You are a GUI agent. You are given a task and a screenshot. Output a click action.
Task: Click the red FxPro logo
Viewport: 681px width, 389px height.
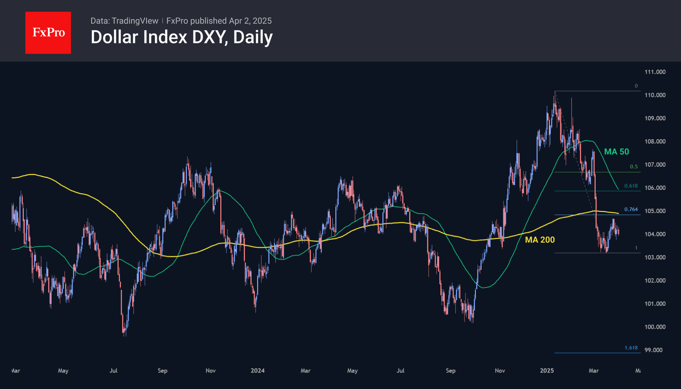(48, 33)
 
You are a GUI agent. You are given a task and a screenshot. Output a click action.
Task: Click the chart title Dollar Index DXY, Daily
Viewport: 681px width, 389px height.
(182, 37)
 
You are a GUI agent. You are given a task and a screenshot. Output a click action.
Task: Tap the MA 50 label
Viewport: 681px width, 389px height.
(617, 152)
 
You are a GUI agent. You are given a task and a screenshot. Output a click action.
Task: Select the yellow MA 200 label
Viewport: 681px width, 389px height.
(540, 240)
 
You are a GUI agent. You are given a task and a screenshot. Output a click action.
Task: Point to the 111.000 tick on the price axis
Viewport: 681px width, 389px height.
(655, 72)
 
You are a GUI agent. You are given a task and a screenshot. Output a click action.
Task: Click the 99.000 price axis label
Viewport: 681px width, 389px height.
(653, 350)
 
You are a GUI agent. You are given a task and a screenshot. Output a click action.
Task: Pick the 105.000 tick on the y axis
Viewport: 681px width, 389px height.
(655, 211)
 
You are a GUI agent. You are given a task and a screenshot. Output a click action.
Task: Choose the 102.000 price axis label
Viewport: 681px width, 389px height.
(655, 280)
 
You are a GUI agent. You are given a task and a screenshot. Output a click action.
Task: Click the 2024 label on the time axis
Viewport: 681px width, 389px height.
(257, 370)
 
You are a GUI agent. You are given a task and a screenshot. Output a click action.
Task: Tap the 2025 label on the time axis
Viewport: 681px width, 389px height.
(547, 370)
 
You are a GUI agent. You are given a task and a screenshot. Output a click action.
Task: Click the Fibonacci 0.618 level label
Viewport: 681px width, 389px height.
(631, 186)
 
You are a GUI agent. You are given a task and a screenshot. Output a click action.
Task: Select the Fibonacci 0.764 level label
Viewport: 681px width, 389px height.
(631, 209)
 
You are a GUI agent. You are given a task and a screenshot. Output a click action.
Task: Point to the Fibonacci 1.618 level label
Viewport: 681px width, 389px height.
(631, 348)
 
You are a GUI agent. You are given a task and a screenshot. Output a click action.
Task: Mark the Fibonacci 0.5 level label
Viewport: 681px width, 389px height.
(633, 167)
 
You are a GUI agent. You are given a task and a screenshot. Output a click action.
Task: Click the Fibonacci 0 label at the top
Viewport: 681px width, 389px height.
(636, 86)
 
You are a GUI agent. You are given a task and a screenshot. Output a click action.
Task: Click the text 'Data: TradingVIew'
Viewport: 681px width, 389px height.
(124, 21)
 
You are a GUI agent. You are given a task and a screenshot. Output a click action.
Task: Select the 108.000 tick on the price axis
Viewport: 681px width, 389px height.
(655, 141)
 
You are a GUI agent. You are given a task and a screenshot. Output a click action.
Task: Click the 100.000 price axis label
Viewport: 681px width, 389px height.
(655, 327)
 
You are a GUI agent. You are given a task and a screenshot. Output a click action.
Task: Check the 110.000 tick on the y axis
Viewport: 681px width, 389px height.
(655, 95)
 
